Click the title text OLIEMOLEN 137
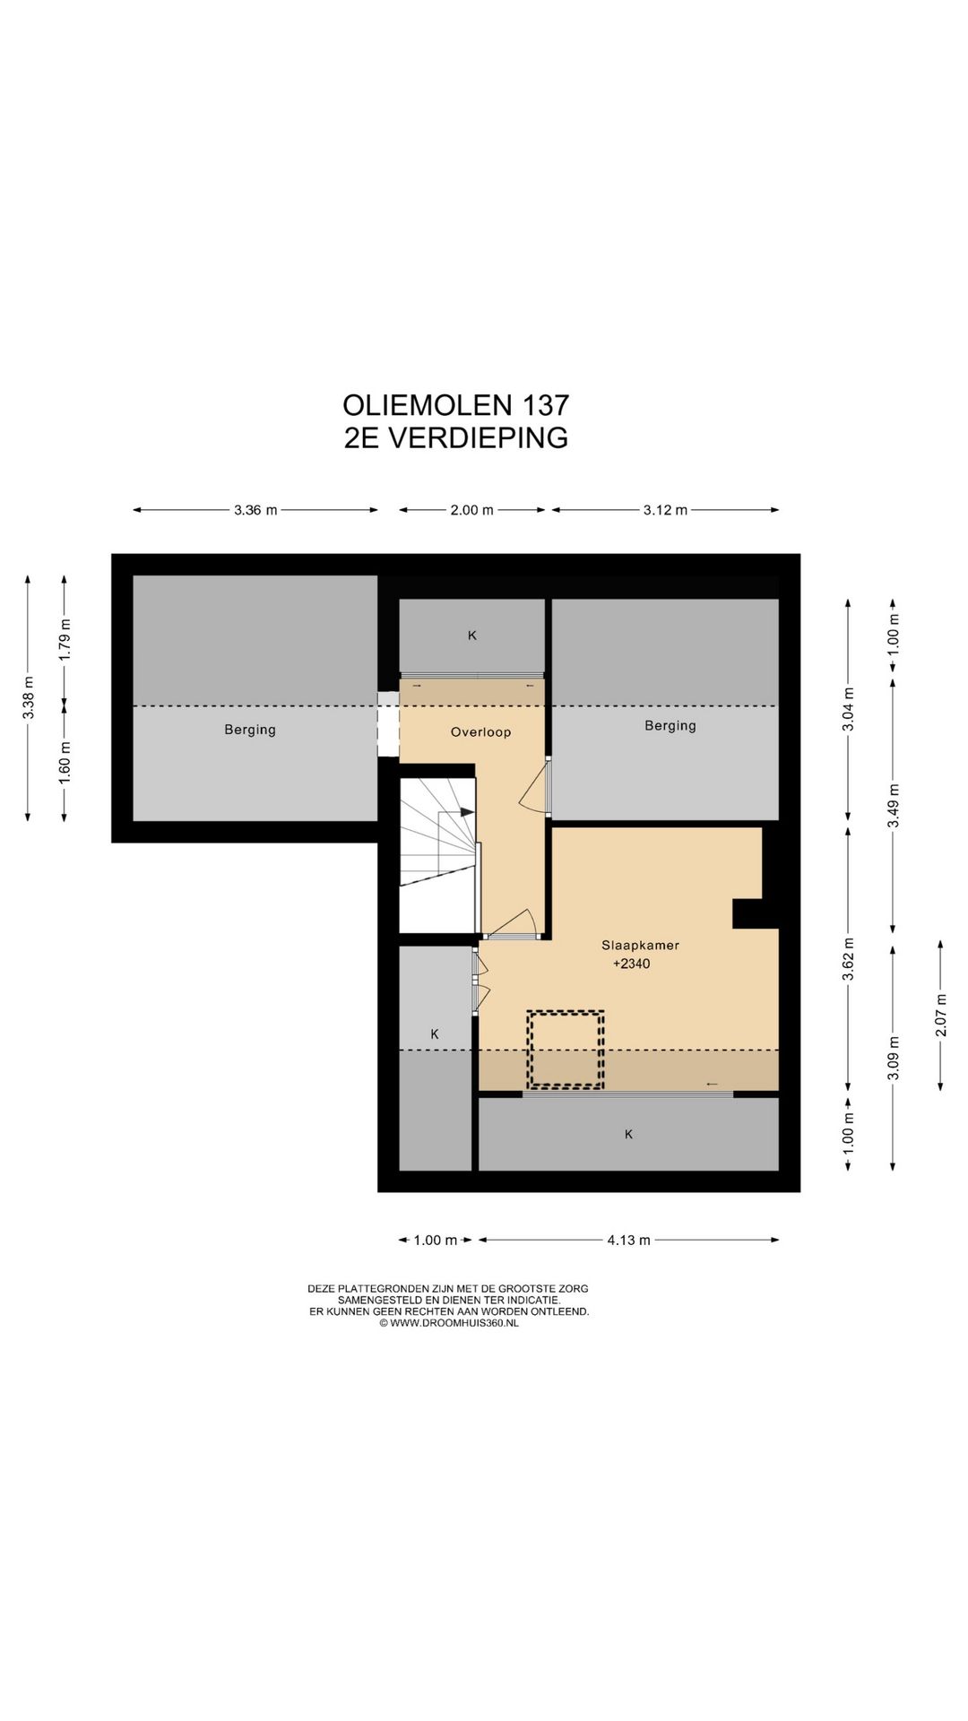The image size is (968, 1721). (455, 405)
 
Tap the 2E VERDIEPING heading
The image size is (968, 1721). (455, 437)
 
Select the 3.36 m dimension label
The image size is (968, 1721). (255, 510)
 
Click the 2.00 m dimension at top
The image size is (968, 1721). (471, 510)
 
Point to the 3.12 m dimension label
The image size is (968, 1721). (665, 510)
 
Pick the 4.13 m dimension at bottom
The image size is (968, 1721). (628, 1241)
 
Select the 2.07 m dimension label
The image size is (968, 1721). (940, 1015)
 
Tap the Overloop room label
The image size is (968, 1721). (480, 732)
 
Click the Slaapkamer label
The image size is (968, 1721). (640, 946)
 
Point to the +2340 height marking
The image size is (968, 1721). (631, 964)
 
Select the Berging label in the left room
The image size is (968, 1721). (250, 730)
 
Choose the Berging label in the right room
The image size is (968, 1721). (670, 726)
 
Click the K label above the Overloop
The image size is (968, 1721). (471, 636)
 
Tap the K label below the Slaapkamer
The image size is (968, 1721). (628, 1135)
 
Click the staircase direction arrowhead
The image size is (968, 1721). (467, 812)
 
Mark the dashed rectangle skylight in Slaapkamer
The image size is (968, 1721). (565, 1050)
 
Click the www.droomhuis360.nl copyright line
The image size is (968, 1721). (448, 1323)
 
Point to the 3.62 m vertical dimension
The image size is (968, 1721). (848, 959)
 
